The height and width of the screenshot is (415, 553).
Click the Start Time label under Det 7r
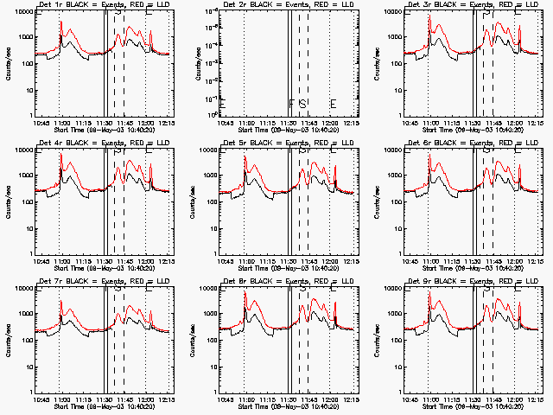coord(102,405)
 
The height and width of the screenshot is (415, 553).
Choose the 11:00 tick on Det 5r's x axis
coord(246,260)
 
